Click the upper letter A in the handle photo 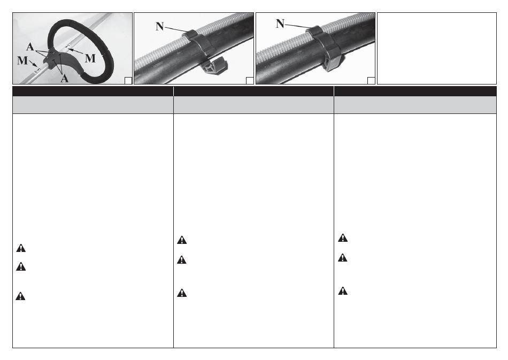tap(30, 47)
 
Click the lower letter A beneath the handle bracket tap(65, 78)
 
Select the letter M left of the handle tap(22, 60)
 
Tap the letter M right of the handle tap(90, 58)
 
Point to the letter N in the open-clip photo tap(159, 26)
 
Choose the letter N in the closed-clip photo tap(280, 24)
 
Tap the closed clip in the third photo tap(326, 49)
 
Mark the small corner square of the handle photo tap(128, 81)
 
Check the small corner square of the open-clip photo tap(250, 81)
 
